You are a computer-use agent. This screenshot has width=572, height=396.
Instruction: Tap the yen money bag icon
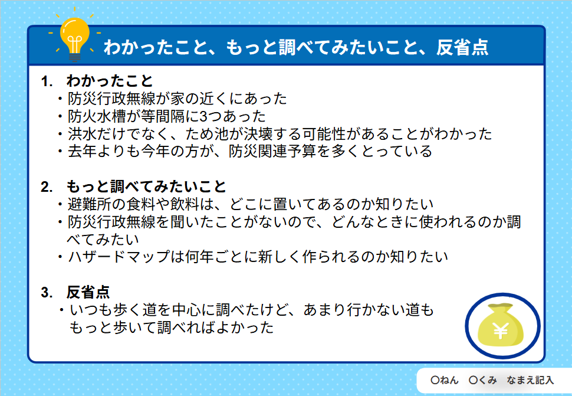(x=502, y=326)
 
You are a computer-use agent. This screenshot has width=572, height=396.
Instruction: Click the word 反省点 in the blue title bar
(x=462, y=47)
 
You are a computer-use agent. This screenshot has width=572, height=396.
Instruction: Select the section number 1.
(x=47, y=81)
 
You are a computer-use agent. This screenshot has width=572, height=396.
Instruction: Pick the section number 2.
(x=47, y=187)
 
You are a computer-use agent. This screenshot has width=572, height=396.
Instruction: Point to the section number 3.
(x=47, y=292)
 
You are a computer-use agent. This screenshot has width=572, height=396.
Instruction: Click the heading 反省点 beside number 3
(x=88, y=292)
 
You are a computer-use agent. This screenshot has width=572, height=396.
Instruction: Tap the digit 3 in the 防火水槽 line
(x=203, y=116)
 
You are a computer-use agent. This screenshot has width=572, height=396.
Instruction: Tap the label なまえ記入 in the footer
(x=530, y=380)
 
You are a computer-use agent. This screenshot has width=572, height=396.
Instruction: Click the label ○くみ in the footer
(x=482, y=380)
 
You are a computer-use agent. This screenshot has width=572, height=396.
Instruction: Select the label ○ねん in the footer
(x=444, y=380)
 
